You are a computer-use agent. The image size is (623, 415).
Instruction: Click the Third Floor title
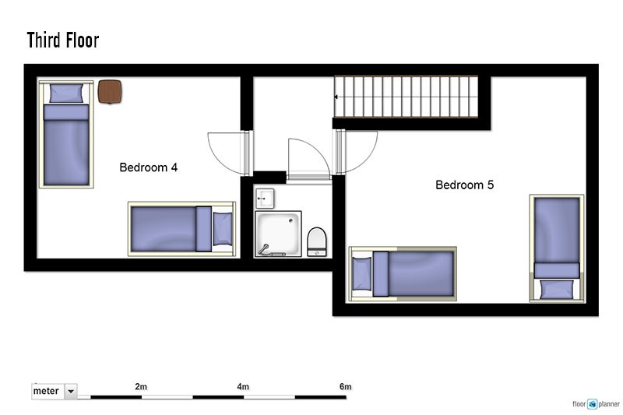[x=63, y=40]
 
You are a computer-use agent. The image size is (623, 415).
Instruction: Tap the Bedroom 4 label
[x=148, y=167]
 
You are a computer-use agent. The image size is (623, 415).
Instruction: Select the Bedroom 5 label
[x=464, y=185]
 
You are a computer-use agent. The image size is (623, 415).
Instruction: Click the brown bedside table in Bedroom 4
[x=110, y=92]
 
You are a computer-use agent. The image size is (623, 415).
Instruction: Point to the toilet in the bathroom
[x=317, y=241]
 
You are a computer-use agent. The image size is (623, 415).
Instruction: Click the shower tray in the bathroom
[x=278, y=234]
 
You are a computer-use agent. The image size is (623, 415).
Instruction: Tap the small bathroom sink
[x=265, y=199]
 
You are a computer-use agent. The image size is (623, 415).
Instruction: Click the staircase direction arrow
[x=336, y=97]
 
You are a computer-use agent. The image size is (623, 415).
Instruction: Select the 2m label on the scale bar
[x=141, y=386]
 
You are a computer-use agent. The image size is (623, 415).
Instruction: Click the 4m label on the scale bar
[x=243, y=386]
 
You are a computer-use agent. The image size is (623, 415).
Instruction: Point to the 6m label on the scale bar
[x=346, y=386]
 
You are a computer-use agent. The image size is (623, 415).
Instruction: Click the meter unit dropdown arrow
[x=71, y=391]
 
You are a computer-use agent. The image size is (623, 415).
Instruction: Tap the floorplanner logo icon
[x=593, y=404]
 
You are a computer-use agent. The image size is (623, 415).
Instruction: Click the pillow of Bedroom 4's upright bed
[x=66, y=93]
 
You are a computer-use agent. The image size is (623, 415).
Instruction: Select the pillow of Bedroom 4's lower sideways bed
[x=223, y=229]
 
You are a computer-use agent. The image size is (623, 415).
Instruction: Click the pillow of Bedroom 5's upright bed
[x=556, y=289]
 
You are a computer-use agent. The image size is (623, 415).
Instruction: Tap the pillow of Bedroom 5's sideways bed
[x=362, y=273]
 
